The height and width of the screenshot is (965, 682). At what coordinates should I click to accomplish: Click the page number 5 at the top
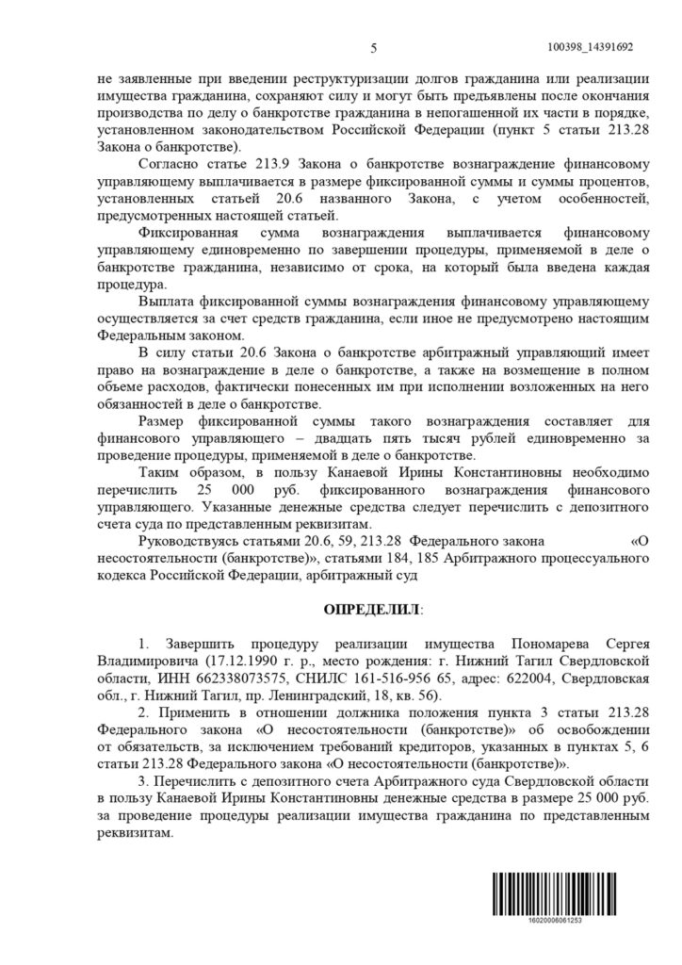pos(374,49)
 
